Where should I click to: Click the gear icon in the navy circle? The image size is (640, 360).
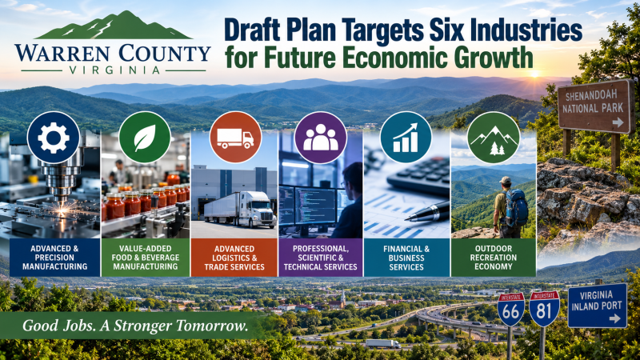click(x=54, y=138)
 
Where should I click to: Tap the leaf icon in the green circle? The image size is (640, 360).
click(x=145, y=138)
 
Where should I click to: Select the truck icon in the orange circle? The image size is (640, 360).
click(x=235, y=138)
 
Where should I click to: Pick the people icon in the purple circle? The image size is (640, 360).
click(x=321, y=138)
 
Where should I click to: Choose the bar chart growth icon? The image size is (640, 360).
click(x=406, y=138)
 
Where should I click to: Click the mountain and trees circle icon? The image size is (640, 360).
click(x=494, y=138)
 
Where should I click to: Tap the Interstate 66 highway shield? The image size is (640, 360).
click(x=511, y=309)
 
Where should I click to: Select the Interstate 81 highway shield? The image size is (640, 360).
click(x=545, y=309)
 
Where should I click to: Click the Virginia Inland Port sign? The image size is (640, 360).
click(x=598, y=306)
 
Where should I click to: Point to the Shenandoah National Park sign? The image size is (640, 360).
click(x=596, y=106)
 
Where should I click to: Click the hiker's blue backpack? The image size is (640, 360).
click(x=516, y=208)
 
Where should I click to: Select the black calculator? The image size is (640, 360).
click(x=418, y=175)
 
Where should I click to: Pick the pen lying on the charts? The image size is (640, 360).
click(x=427, y=212)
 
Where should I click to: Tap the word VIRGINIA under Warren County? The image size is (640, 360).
click(x=114, y=70)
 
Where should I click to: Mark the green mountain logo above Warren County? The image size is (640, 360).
click(x=113, y=25)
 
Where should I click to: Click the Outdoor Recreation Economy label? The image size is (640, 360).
click(x=493, y=258)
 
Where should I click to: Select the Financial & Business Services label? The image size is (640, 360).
click(x=406, y=258)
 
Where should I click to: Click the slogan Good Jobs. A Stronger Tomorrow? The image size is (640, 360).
click(x=135, y=326)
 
